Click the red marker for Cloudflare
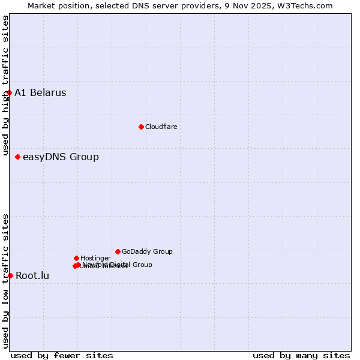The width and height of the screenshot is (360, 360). [x=141, y=127]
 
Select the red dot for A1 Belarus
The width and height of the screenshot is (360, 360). [x=10, y=92]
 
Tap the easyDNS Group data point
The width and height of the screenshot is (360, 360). [x=18, y=157]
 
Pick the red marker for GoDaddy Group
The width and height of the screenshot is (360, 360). [x=118, y=251]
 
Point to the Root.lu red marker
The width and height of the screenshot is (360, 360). [x=10, y=275]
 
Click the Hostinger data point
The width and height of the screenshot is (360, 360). [x=76, y=258]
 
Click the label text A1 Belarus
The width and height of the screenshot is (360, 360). [x=40, y=92]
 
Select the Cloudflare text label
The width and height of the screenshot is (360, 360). [x=161, y=127]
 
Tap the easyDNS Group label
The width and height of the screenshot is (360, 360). [x=61, y=157]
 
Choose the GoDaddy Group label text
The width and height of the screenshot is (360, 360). [x=147, y=251]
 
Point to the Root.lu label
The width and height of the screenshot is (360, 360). [x=32, y=276]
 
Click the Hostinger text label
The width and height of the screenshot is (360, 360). [x=95, y=258]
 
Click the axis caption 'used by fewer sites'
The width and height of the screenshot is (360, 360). [x=62, y=355]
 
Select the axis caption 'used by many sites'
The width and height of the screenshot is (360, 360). [x=301, y=355]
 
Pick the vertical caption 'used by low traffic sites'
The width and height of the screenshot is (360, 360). [x=5, y=281]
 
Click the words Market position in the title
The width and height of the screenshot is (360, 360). [x=57, y=5]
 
